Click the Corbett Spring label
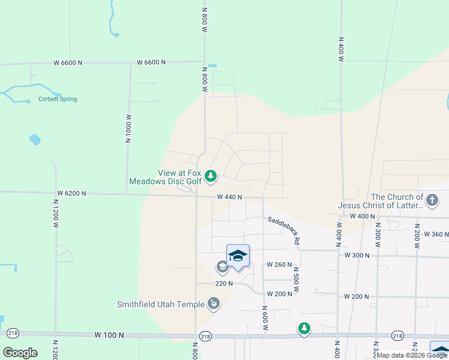(58, 99)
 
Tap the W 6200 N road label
(72, 193)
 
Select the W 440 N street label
(229, 197)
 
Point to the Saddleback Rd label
(283, 230)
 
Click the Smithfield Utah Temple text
(160, 304)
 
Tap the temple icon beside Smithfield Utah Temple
(213, 304)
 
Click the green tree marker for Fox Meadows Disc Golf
(210, 176)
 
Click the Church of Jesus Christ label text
(380, 201)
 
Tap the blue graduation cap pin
(238, 256)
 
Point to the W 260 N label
(279, 265)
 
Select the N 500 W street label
(296, 280)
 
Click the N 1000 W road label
(128, 128)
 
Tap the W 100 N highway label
(109, 334)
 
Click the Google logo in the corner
(20, 353)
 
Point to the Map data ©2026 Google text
(412, 355)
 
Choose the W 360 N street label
(436, 234)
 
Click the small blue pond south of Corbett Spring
(34, 140)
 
